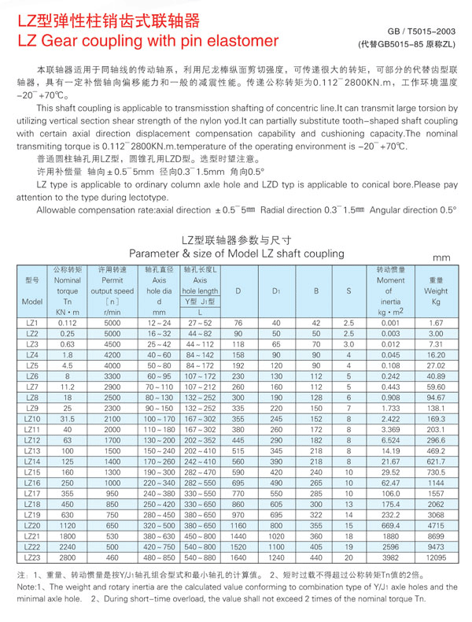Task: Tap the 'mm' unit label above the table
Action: point(441,257)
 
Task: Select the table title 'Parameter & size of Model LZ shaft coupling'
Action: point(237,254)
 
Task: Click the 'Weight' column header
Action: point(436,291)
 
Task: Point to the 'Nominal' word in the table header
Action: point(68,280)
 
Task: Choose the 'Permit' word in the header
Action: point(112,280)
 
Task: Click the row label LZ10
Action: point(32,420)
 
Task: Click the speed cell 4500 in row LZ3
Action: point(112,345)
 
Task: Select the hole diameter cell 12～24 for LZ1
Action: point(159,324)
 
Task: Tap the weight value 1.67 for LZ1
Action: point(436,324)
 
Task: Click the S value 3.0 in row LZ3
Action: point(348,345)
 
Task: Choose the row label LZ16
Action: point(32,483)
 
